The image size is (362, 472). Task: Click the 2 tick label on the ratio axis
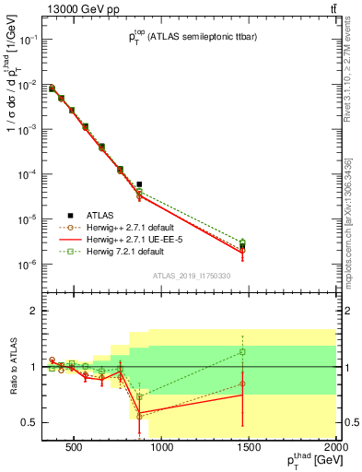tap(32, 311)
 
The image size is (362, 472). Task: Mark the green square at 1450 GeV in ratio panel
tap(242, 351)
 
